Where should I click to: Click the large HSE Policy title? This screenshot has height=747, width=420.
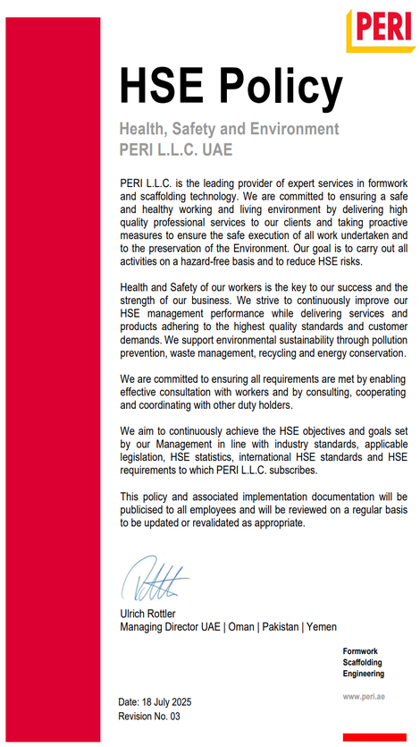(x=231, y=87)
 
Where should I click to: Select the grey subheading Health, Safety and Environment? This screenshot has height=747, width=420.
(x=229, y=129)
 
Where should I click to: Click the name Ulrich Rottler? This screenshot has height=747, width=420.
(x=154, y=615)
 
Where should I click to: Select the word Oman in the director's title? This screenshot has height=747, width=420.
(x=241, y=627)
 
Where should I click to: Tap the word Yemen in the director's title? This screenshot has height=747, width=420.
(x=321, y=627)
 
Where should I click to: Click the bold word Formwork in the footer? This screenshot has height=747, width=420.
(x=361, y=650)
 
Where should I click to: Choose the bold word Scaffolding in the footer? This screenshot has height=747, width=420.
(x=364, y=662)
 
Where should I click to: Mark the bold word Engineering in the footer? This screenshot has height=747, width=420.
(x=364, y=674)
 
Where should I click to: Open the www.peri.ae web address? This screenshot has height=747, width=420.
(x=363, y=696)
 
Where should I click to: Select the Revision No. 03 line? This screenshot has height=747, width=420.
(x=150, y=717)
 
